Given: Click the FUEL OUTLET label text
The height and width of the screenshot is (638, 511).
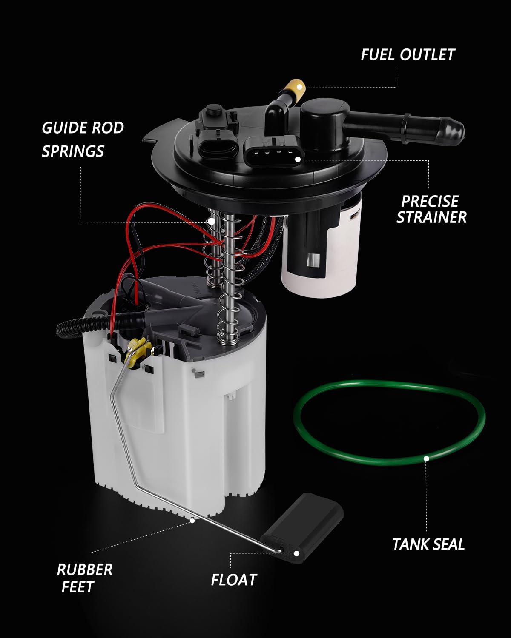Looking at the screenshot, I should (408, 54).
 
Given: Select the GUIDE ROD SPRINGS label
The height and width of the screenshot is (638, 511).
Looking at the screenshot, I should (82, 139).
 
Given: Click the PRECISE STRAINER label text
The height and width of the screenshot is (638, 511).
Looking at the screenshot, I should (431, 209).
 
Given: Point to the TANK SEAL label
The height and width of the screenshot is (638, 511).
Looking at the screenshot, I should (428, 544).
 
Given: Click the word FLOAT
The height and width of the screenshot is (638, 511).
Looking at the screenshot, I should (234, 580).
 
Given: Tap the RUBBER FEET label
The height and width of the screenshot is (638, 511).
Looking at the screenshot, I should (84, 578).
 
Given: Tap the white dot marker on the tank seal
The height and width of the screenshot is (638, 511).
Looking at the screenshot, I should (426, 459).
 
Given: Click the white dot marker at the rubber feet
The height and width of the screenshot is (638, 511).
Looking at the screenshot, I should (192, 520).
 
